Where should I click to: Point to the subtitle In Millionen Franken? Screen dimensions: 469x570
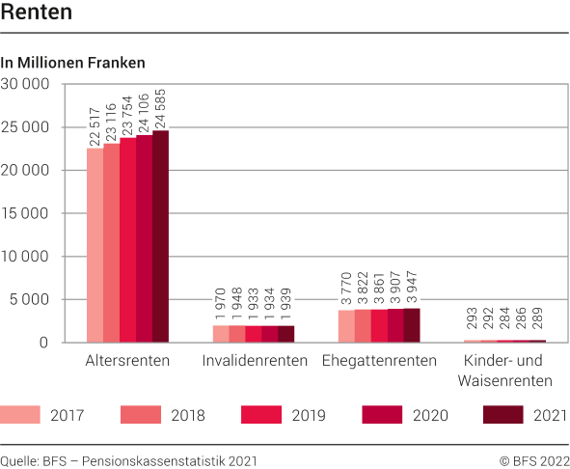[73, 63]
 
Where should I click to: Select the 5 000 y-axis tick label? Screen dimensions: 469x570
[29, 299]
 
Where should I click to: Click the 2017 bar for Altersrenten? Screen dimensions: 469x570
[95, 245]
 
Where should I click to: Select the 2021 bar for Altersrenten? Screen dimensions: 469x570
[160, 236]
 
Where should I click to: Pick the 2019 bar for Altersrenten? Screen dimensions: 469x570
[127, 240]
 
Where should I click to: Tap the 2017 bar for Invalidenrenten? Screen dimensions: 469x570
[221, 334]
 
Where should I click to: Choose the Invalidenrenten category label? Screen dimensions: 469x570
[255, 361]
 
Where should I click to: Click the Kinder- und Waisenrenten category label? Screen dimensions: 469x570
[505, 371]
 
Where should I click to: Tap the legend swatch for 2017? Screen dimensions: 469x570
[26, 415]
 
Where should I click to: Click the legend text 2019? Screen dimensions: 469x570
[308, 416]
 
